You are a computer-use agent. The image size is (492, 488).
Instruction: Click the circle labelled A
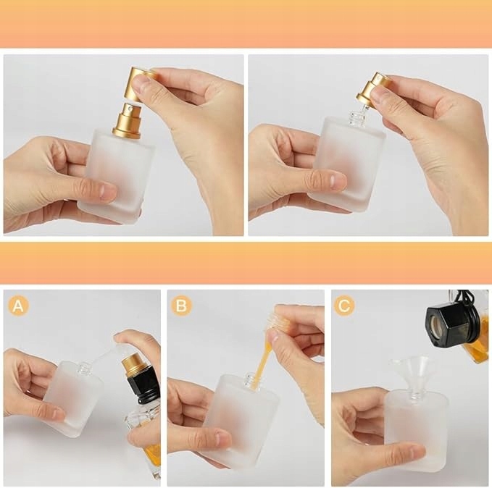pos(19,306)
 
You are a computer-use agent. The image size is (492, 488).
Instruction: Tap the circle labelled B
pos(182,306)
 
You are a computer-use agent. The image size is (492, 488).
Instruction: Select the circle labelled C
pos(344,305)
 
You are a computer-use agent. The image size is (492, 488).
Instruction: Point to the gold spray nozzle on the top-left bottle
pos(128,119)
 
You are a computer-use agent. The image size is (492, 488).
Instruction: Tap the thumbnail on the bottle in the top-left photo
pos(107,190)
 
